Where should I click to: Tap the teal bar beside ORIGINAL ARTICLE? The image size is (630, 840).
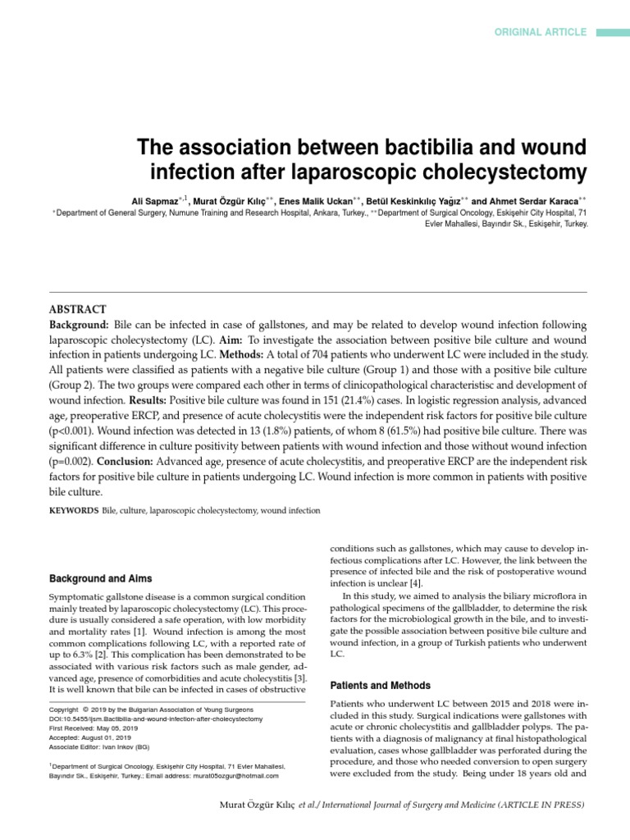point(611,32)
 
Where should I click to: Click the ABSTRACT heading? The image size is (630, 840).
point(78,309)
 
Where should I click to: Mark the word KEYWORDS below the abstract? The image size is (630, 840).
point(74,510)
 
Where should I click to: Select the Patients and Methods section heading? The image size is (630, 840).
point(380,684)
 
